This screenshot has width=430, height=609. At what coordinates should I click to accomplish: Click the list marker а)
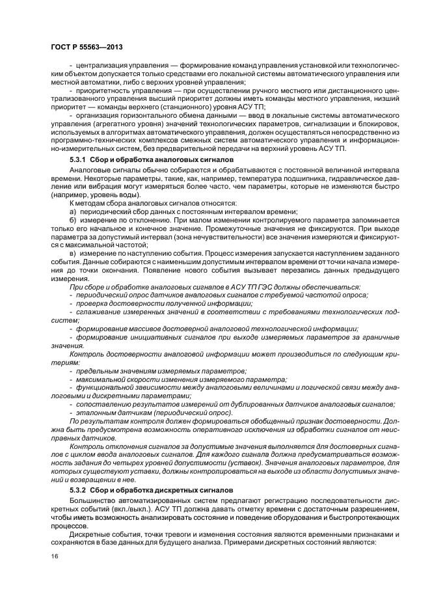click(x=73, y=212)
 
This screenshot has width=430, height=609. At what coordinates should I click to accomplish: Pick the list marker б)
click(x=73, y=221)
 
